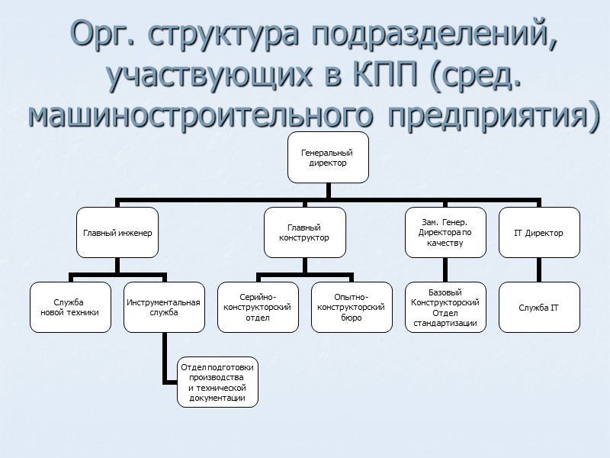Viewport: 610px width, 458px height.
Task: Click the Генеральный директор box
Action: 329,157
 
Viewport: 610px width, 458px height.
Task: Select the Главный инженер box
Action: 116,233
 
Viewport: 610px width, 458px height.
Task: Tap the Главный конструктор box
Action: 303,233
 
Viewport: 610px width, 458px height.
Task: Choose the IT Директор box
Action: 539,233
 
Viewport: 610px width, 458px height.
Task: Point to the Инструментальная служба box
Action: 163,307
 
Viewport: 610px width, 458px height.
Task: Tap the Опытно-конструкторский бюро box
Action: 351,307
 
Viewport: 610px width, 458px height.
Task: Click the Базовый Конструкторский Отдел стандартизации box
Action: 445,307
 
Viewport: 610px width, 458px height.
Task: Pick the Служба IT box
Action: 539,307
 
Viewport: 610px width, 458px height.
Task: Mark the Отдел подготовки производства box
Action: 217,382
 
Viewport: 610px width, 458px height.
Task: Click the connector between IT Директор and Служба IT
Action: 539,269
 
